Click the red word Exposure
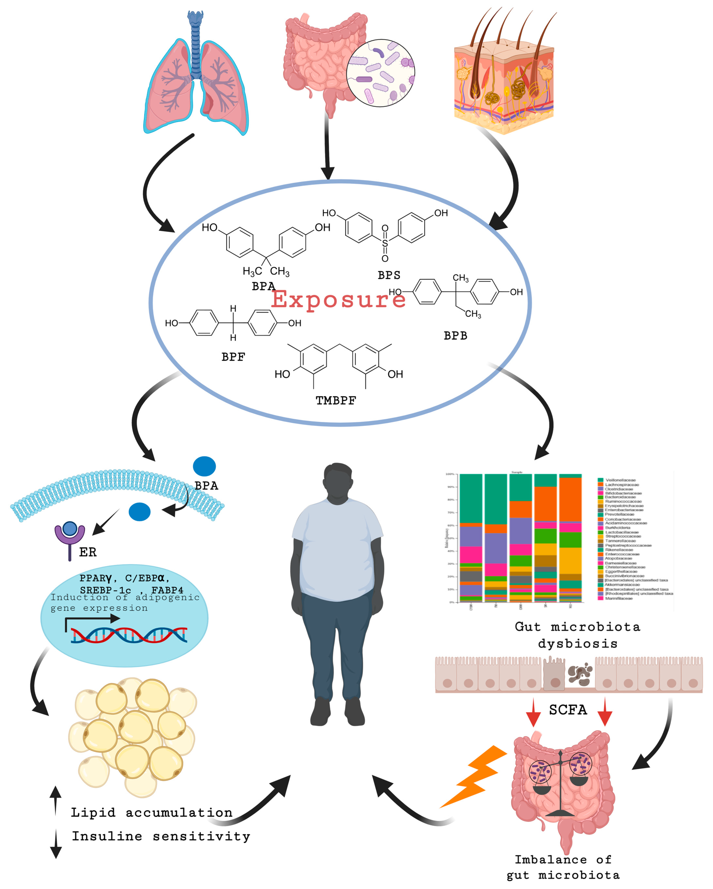pyautogui.click(x=338, y=300)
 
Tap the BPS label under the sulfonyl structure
pyautogui.click(x=389, y=275)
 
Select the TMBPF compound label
pyautogui.click(x=336, y=400)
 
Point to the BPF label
pyautogui.click(x=233, y=357)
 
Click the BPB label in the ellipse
pyautogui.click(x=455, y=336)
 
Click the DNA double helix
pyautogui.click(x=129, y=635)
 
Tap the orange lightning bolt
pyautogui.click(x=474, y=775)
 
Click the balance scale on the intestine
pyautogui.click(x=560, y=783)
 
